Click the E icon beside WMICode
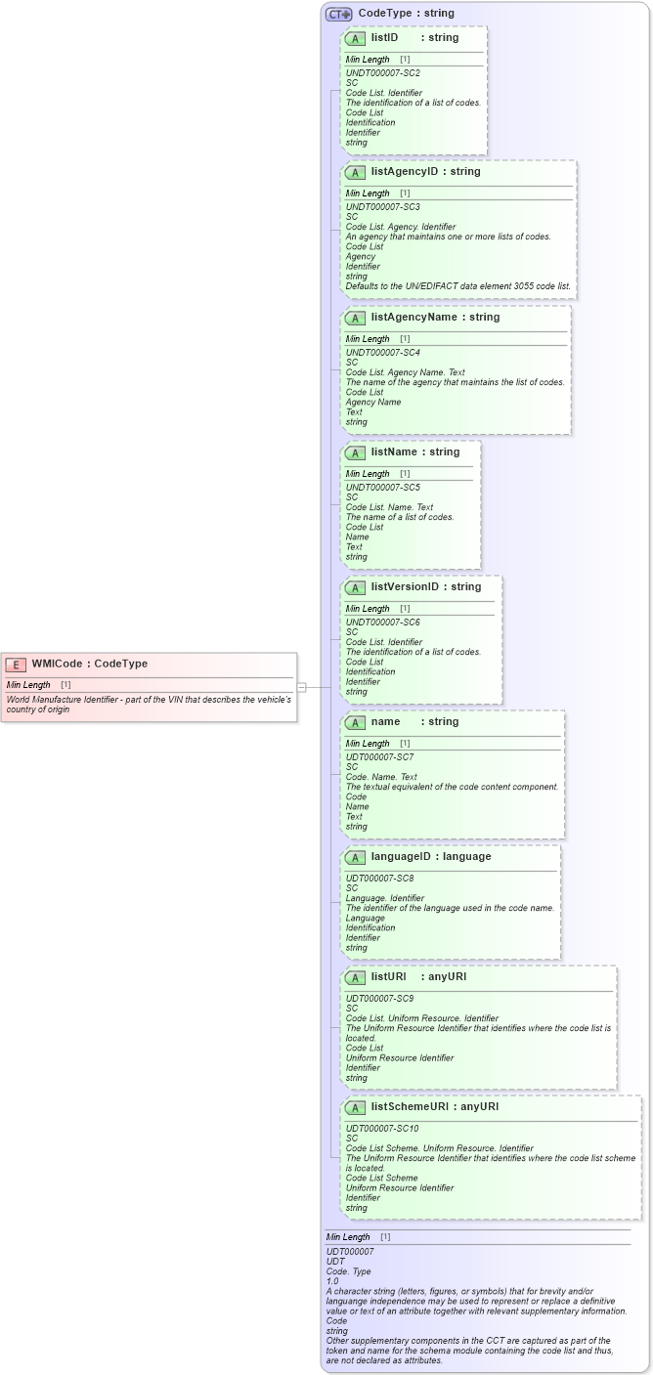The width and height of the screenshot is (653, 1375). click(16, 665)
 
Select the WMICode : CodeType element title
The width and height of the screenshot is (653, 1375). click(89, 664)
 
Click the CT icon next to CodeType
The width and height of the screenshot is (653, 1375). click(338, 14)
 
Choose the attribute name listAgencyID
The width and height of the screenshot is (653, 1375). click(405, 172)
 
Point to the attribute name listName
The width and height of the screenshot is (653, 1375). click(395, 451)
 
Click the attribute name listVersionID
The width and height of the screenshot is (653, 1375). click(405, 586)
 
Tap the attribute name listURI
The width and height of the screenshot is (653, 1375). click(388, 976)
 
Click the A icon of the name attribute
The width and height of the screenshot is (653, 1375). click(356, 722)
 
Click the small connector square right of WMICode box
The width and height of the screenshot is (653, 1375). click(302, 687)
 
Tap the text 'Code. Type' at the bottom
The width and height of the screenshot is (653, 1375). click(349, 1271)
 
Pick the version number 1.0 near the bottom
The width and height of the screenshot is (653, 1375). click(332, 1281)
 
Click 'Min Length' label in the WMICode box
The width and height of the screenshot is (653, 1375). click(28, 685)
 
